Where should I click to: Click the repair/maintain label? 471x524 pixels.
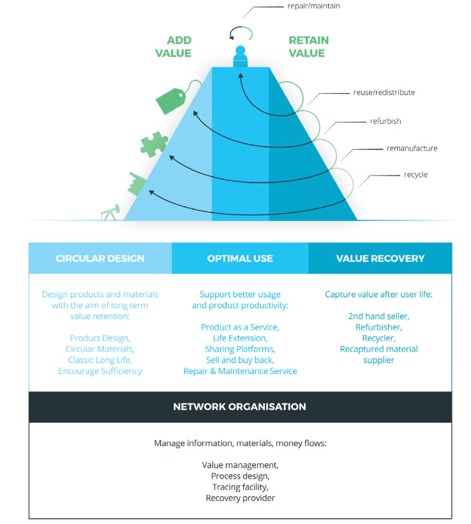click(313, 6)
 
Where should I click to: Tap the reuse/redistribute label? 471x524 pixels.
click(384, 93)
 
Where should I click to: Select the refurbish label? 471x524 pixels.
click(385, 121)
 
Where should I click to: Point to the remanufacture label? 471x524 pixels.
click(412, 148)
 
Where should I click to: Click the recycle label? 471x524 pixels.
click(415, 174)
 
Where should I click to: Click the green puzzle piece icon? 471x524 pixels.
click(154, 144)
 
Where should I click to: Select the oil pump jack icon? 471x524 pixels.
click(110, 213)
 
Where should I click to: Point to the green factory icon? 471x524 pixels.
click(137, 183)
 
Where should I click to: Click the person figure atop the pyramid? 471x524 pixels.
click(240, 57)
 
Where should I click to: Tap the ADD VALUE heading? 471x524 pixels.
click(173, 47)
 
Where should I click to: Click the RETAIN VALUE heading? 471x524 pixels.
click(308, 47)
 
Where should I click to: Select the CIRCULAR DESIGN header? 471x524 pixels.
click(100, 258)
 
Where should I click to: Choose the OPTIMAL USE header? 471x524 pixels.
click(240, 258)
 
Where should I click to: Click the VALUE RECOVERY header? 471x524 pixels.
click(380, 258)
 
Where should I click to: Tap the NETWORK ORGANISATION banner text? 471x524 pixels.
click(239, 407)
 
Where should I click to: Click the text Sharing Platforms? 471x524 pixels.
click(240, 349)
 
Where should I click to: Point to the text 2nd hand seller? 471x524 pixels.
click(378, 316)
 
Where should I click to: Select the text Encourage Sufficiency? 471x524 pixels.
click(100, 371)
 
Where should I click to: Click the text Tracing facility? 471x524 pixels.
click(240, 487)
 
